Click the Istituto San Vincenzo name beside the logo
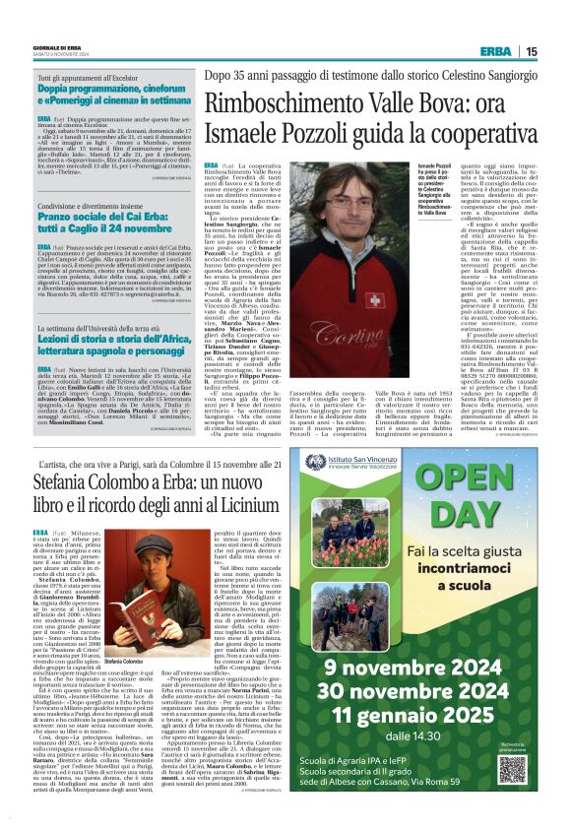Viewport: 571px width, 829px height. (x=393, y=431)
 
